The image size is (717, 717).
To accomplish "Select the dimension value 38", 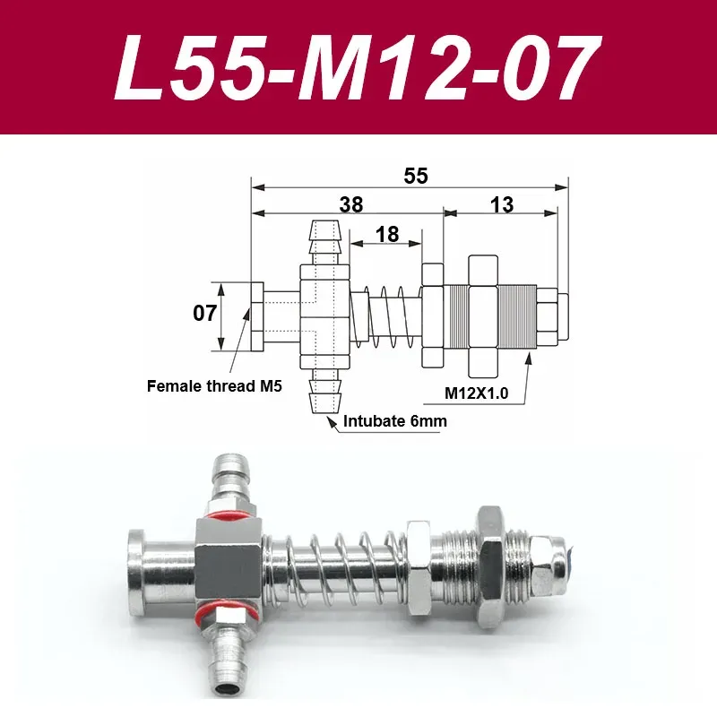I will click(x=351, y=204).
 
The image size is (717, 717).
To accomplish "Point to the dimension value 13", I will click(x=502, y=204).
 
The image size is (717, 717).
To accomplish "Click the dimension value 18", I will click(x=387, y=235).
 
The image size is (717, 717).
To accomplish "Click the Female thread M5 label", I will click(x=215, y=388).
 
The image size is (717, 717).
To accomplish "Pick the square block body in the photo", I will click(x=230, y=566).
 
